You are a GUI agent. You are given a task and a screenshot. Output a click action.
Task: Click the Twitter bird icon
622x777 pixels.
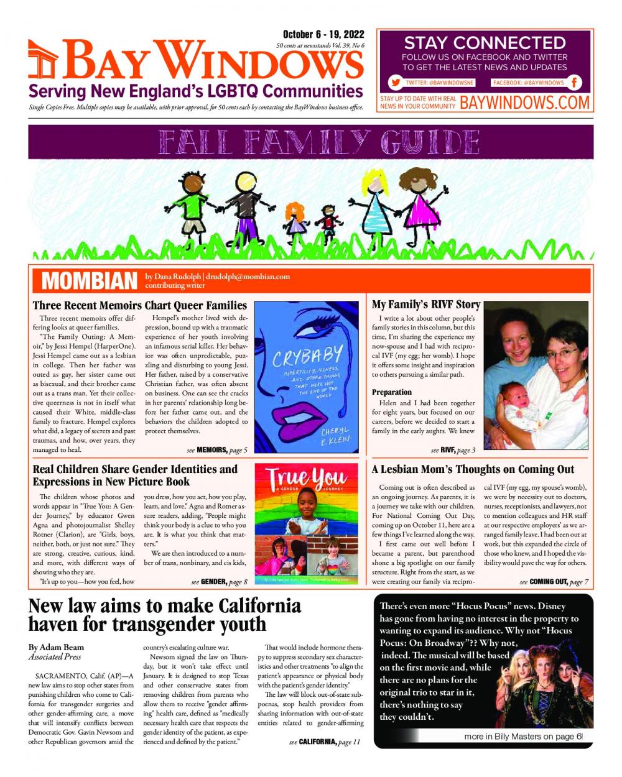pyautogui.click(x=396, y=83)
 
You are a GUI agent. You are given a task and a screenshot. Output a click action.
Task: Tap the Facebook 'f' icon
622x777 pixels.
pyautogui.click(x=574, y=83)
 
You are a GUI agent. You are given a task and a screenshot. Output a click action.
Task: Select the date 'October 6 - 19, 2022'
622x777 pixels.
pyautogui.click(x=323, y=35)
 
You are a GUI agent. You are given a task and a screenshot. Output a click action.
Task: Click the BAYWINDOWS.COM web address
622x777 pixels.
pyautogui.click(x=524, y=103)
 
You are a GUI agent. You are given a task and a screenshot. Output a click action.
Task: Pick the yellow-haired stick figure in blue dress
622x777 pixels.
pyautogui.click(x=375, y=202)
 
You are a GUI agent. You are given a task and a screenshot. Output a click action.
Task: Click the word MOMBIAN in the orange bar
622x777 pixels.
pyautogui.click(x=89, y=281)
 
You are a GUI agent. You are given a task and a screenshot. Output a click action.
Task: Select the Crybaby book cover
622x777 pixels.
pyautogui.click(x=307, y=377)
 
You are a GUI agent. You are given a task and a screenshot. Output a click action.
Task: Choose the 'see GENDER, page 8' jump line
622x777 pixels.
pyautogui.click(x=219, y=582)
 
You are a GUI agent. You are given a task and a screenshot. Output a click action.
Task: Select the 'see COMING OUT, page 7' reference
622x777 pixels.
pyautogui.click(x=554, y=582)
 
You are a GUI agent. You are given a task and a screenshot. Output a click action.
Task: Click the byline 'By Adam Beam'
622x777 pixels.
pyautogui.click(x=56, y=647)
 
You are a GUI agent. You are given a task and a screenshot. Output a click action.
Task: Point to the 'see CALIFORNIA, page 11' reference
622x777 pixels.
pyautogui.click(x=325, y=742)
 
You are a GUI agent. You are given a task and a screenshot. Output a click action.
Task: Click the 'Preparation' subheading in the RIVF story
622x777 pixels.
pyautogui.click(x=392, y=392)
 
